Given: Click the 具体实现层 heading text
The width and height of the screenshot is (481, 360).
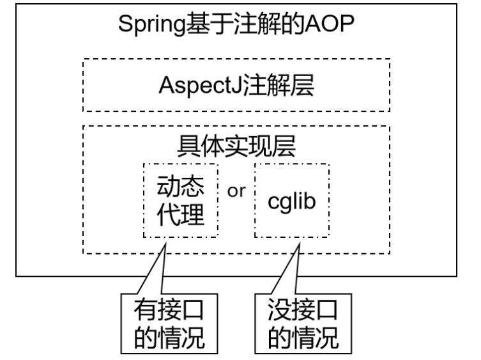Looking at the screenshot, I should tap(236, 146).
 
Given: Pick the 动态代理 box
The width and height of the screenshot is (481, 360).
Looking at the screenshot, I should tap(181, 200).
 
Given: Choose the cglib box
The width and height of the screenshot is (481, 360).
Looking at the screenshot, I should tap(291, 200).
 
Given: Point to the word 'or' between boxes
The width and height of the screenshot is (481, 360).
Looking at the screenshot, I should tap(236, 191).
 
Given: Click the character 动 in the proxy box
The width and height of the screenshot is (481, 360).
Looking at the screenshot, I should tap(169, 187).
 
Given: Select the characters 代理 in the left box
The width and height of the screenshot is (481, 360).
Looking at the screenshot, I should tap(181, 215).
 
